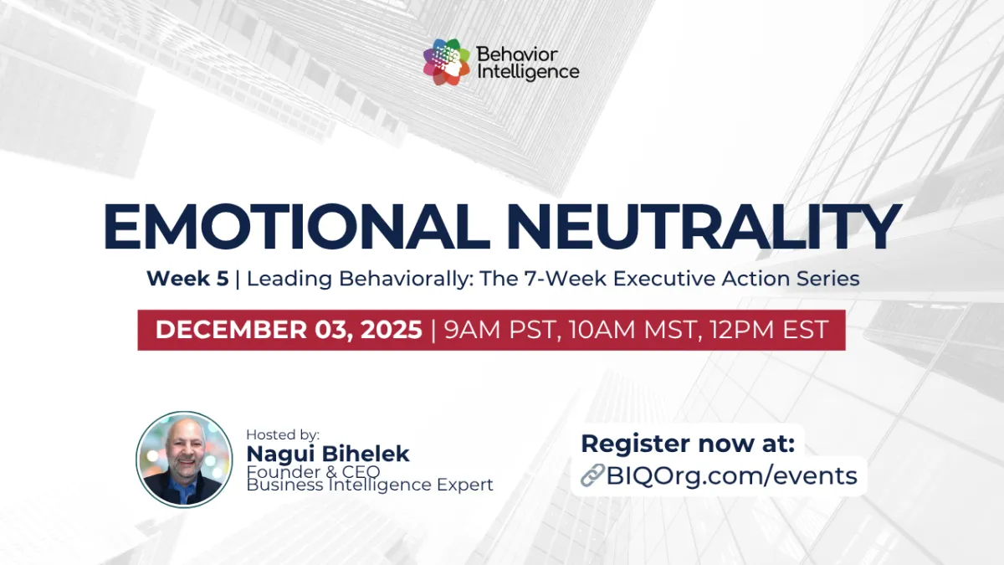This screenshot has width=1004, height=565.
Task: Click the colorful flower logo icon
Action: coord(447,63)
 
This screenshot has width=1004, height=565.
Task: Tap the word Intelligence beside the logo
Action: coord(527,72)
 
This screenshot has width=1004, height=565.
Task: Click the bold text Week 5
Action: coord(187,279)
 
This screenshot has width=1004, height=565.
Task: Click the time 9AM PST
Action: coord(500,329)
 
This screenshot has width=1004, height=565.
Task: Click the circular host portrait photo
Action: coord(184,459)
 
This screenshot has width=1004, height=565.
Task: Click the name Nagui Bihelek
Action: coord(328,454)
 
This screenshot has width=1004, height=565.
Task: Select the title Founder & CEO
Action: coord(313,471)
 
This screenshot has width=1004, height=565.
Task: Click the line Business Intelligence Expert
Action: coord(370,485)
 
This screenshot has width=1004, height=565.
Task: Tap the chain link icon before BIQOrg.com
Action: coord(592,476)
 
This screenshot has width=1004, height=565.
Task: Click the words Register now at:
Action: coord(688,443)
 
